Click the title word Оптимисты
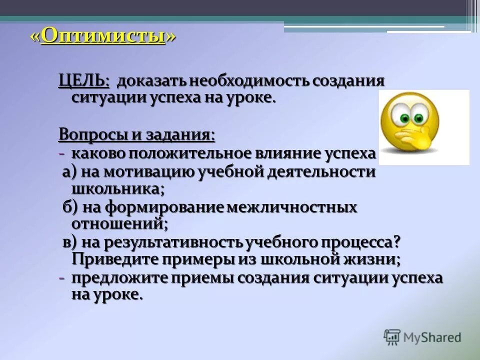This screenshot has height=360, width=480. click(103, 36)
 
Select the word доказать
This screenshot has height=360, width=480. click(146, 81)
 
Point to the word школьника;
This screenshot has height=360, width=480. click(118, 188)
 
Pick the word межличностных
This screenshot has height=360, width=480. click(292, 207)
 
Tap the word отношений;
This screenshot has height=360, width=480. click(119, 223)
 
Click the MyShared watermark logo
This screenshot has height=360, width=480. click(422, 337)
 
